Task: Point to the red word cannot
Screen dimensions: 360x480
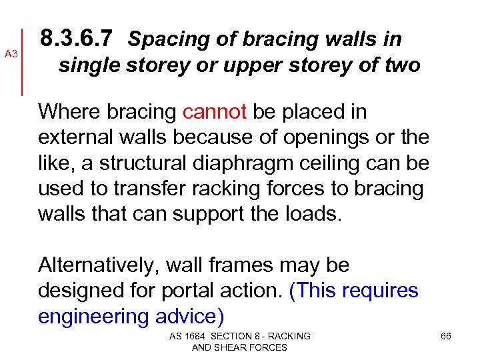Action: click(215, 112)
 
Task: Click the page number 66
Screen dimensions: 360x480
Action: click(446, 336)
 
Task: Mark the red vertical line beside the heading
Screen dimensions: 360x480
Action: click(24, 61)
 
